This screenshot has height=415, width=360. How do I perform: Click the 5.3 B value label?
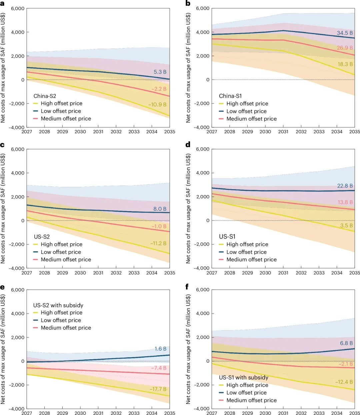click(160, 72)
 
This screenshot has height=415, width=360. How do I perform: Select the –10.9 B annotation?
click(157, 104)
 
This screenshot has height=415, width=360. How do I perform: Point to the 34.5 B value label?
click(345, 33)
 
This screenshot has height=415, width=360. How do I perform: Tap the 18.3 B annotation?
click(345, 64)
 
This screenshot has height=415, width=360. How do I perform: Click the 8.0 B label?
click(160, 209)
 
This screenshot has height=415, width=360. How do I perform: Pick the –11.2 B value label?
click(158, 243)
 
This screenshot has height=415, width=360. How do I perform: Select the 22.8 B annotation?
click(345, 186)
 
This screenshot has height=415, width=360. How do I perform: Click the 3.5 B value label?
click(346, 226)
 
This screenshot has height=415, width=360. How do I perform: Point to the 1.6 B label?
click(160, 349)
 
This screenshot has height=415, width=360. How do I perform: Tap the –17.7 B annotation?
click(158, 389)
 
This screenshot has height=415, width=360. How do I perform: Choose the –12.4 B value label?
click(344, 382)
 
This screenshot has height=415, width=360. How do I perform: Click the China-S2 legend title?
click(45, 96)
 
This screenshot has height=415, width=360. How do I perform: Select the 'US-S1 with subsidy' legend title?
click(243, 377)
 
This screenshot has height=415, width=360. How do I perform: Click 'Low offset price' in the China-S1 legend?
click(246, 111)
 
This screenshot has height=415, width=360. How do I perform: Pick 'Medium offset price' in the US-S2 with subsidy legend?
click(66, 328)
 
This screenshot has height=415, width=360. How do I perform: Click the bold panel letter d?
click(188, 144)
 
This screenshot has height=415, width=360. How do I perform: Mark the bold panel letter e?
click(3, 287)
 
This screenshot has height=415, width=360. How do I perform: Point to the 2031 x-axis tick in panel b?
click(283, 132)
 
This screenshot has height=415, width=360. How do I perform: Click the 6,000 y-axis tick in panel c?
click(18, 149)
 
